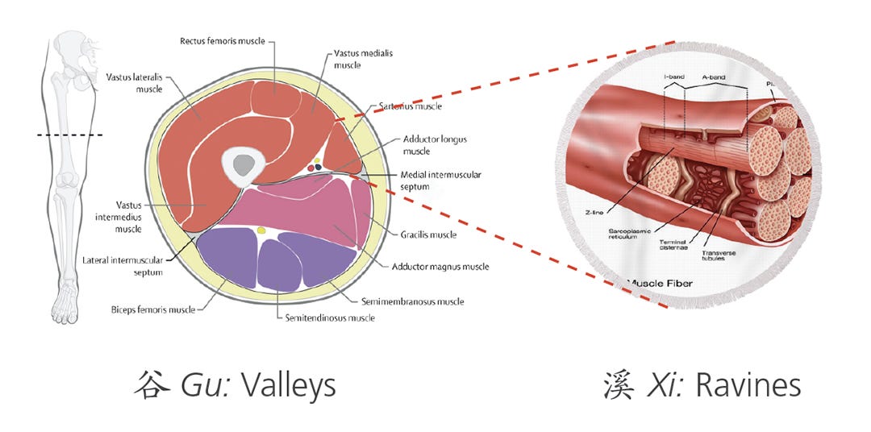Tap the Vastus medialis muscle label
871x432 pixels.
pyautogui.click(x=360, y=59)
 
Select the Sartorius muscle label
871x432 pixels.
pyautogui.click(x=410, y=106)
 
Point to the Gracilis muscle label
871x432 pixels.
pyautogui.click(x=428, y=235)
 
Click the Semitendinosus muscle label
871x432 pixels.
pyautogui.click(x=330, y=318)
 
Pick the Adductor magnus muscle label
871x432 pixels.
pyautogui.click(x=440, y=267)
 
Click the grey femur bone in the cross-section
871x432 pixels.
pyautogui.click(x=241, y=166)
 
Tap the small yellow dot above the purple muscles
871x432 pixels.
pyautogui.click(x=260, y=231)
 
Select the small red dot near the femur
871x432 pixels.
pyautogui.click(x=310, y=168)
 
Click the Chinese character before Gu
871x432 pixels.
pyautogui.click(x=152, y=385)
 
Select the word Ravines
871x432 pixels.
pyautogui.click(x=748, y=385)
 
